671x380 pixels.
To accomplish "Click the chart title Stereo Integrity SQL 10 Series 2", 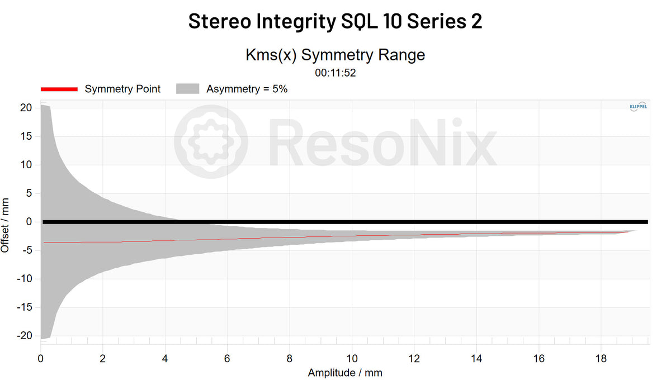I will pos(335,21).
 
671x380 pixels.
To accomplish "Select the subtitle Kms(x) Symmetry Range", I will pos(335,55).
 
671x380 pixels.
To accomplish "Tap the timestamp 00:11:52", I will pos(335,72).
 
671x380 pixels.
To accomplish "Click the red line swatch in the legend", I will pos(58,89).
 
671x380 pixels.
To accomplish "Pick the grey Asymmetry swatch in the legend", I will pos(188,89).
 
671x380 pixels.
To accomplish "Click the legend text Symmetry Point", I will pos(122,89).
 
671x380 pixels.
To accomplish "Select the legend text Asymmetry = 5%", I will pos(247,89).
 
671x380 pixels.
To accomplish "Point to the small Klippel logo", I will pos(638,106).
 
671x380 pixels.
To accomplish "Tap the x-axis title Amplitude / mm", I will pos(345,372).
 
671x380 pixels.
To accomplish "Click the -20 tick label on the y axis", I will pos(25,336).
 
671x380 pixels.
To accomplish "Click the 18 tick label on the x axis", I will pos(601,358).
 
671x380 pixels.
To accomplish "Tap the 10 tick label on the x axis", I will pos(352,358).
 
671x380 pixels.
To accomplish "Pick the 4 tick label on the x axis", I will pos(165,358).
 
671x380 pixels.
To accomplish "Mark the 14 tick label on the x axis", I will pos(476,358).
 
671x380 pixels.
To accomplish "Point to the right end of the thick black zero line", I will pos(646,222).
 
